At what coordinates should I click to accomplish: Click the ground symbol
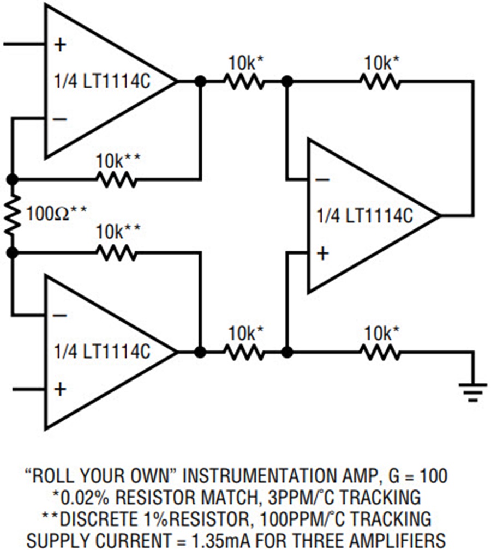473,392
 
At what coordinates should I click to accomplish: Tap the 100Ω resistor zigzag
13,215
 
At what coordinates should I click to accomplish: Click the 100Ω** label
57,213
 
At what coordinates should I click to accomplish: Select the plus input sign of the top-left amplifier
60,45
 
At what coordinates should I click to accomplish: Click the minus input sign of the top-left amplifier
60,119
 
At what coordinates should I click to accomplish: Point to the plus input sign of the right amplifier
322,253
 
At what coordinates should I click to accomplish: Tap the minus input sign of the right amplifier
322,180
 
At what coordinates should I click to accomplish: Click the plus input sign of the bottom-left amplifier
60,389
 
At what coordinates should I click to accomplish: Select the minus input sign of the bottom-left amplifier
60,316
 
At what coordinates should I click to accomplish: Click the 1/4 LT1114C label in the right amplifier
364,216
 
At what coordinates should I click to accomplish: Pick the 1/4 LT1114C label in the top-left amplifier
102,81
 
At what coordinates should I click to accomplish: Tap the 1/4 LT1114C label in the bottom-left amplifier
102,351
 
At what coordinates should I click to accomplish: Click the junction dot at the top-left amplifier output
200,82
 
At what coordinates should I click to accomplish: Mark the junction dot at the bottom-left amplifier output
200,352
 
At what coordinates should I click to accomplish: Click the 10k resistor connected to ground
381,352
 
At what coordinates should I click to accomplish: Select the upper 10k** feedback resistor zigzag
117,179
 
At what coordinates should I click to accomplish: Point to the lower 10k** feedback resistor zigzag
117,252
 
